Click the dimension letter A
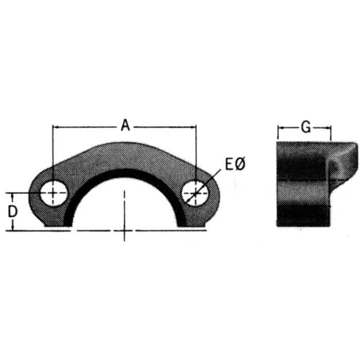125,125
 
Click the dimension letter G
305,127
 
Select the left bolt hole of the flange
53,193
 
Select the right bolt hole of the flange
196,193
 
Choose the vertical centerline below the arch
124,216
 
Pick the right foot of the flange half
193,222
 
